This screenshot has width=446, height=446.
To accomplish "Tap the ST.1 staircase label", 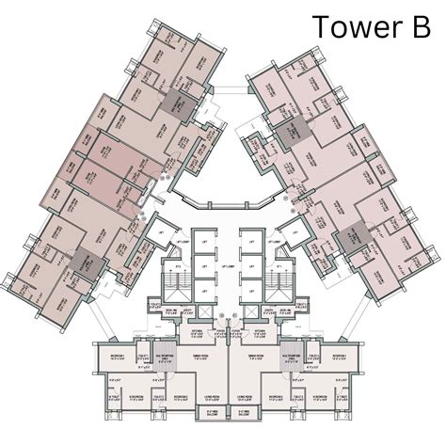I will (279, 267).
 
